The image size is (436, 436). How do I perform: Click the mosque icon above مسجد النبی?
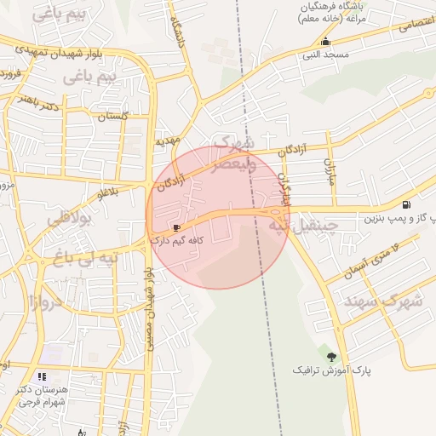point(324,43)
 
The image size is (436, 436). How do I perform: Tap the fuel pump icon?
point(405,204)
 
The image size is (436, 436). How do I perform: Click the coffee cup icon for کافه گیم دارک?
point(176,227)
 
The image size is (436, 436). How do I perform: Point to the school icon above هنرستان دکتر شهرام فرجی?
point(42,376)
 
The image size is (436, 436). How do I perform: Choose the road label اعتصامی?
point(416,26)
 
